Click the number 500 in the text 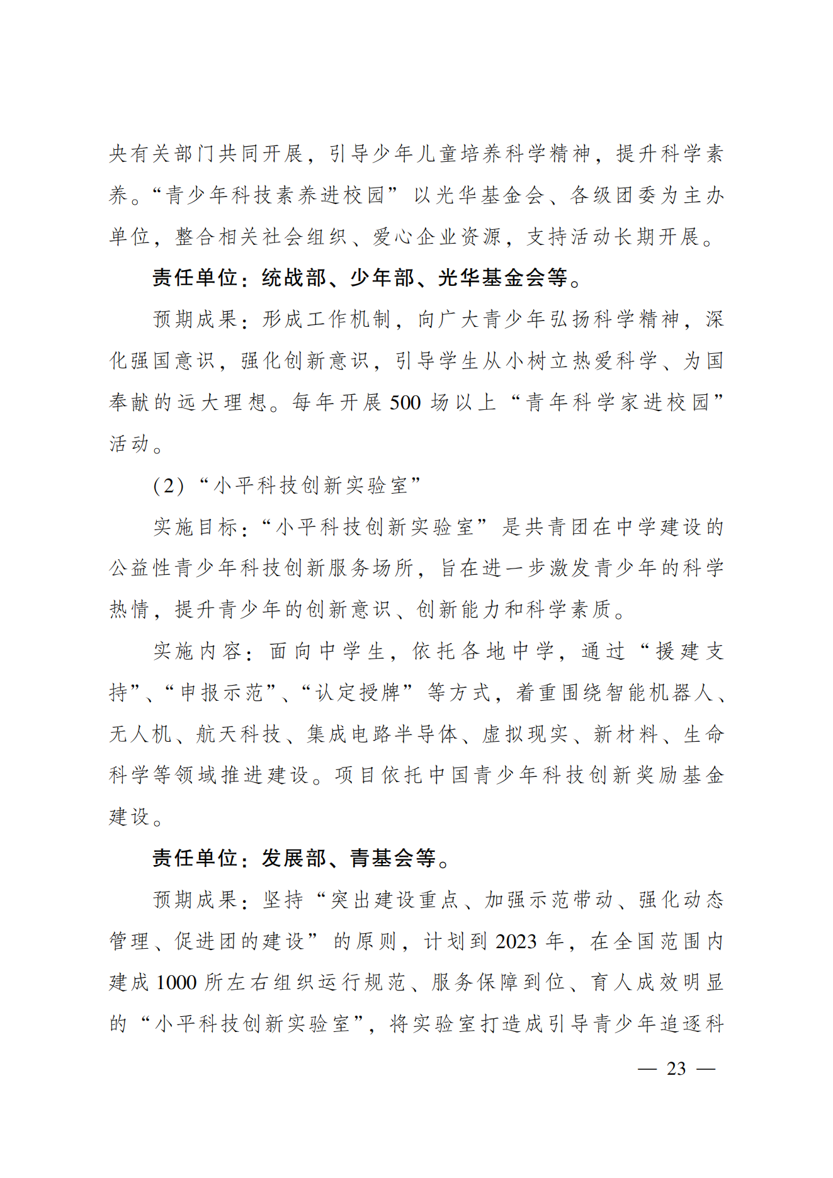405,402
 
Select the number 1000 176,983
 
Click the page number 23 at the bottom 676,1068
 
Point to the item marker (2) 169,485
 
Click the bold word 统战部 294,278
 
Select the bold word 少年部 382,278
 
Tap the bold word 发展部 294,858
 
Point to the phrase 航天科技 239,734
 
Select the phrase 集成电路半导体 382,734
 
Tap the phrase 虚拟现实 525,734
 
